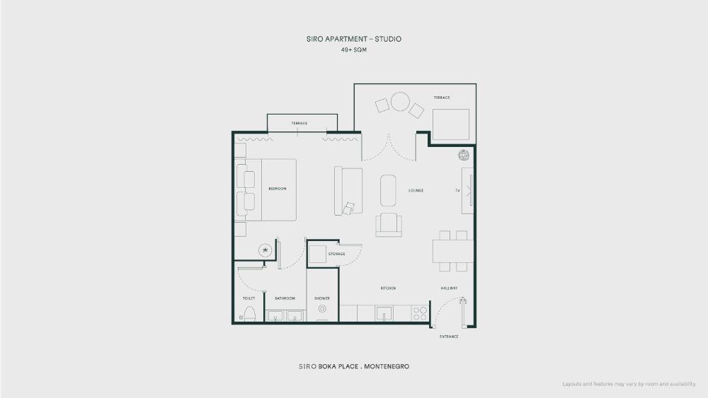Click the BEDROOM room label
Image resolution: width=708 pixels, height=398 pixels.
[x=278, y=189]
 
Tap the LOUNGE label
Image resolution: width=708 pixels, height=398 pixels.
[x=416, y=191]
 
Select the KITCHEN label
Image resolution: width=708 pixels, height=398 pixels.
[x=388, y=288]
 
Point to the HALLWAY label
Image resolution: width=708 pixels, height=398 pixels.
[x=449, y=288]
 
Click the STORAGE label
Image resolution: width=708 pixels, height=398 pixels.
[x=336, y=254]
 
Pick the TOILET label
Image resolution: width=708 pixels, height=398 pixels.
[x=249, y=298]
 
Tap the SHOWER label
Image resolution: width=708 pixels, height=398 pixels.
[x=322, y=298]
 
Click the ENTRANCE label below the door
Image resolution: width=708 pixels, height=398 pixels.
[x=449, y=336]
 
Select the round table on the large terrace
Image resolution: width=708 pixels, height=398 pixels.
[x=400, y=101]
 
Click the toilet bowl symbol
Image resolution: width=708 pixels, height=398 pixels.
[x=250, y=314]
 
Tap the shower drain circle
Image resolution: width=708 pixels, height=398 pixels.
[x=322, y=309]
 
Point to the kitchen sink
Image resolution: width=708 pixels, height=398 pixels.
[x=384, y=312]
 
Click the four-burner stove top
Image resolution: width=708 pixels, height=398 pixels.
[x=420, y=313]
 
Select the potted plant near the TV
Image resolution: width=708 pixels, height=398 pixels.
[x=464, y=155]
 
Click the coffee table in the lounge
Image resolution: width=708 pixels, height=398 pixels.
[x=388, y=191]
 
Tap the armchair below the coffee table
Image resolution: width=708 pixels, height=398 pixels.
[x=388, y=225]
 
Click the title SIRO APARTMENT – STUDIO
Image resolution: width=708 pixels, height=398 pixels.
[x=353, y=39]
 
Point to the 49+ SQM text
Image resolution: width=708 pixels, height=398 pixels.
[x=353, y=50]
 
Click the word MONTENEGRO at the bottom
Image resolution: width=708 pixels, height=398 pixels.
[x=387, y=366]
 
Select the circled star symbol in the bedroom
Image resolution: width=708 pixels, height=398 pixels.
[x=265, y=250]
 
